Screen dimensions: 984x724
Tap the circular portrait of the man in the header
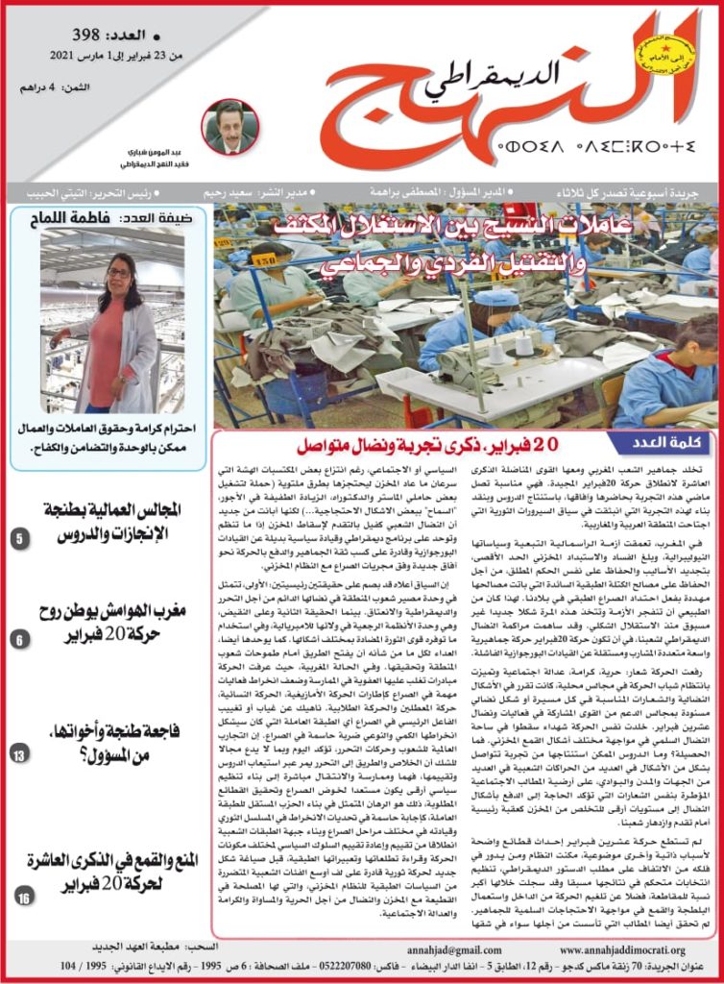[x=230, y=126]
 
